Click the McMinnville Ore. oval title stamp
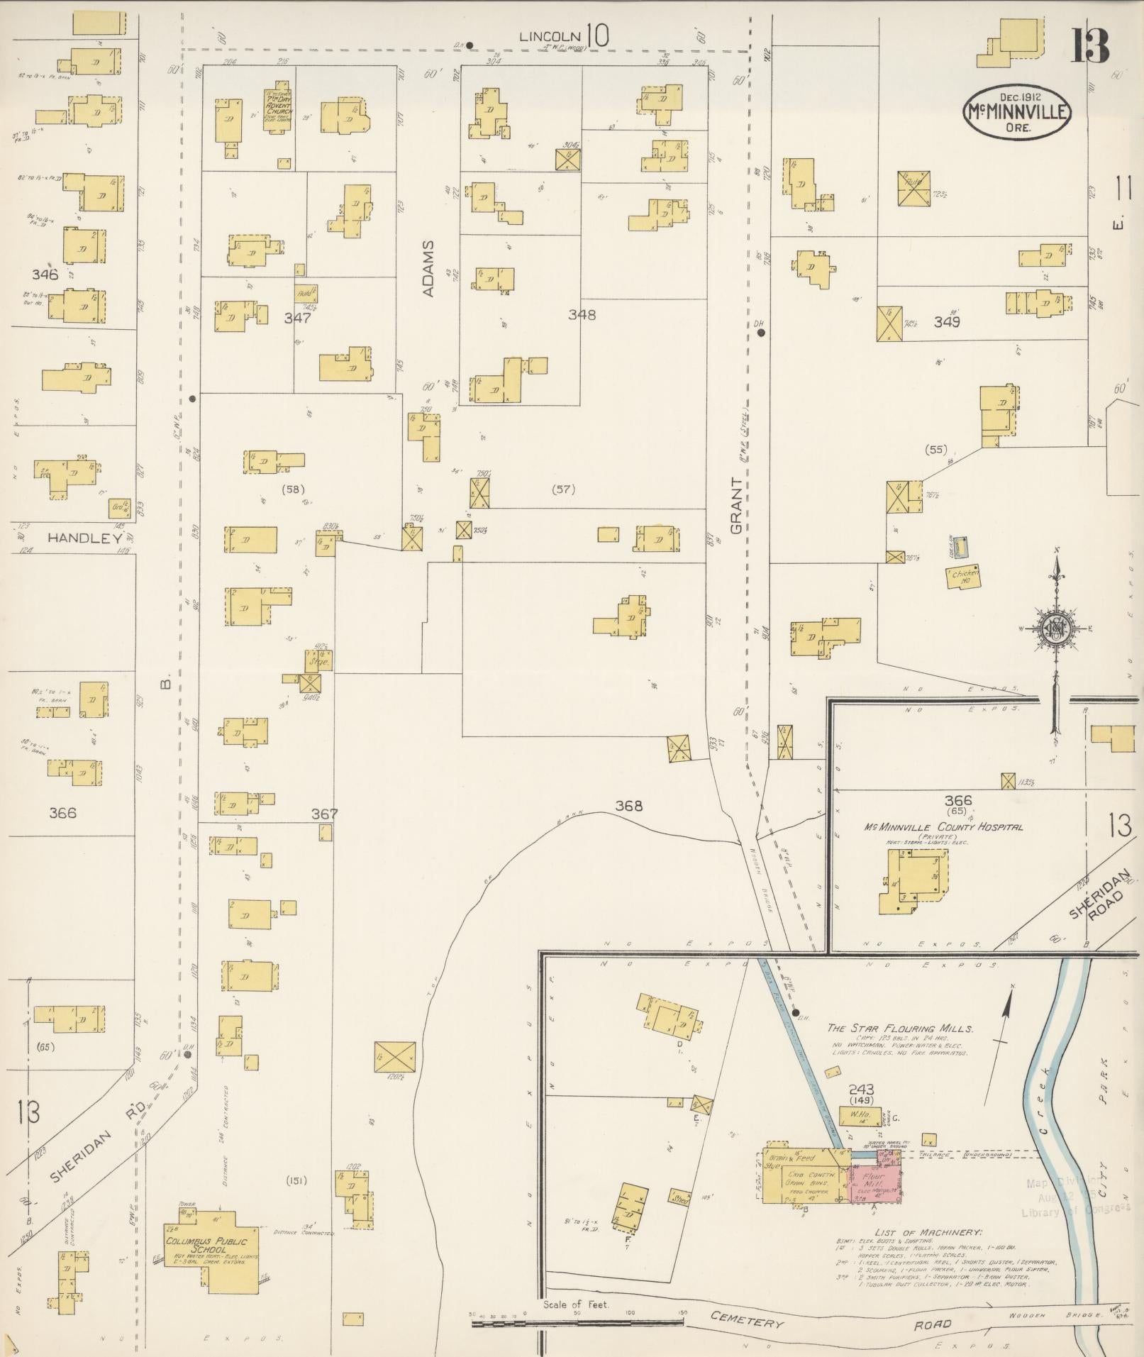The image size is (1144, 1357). [x=1016, y=111]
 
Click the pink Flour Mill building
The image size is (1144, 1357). [x=874, y=1181]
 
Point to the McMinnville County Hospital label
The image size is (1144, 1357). [x=943, y=827]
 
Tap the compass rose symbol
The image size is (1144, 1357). [x=1055, y=628]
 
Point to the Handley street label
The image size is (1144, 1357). [x=84, y=538]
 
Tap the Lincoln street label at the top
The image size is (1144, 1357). [x=550, y=36]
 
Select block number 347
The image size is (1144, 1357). [x=298, y=319]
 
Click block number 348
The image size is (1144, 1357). [x=581, y=314]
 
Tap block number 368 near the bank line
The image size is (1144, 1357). [x=628, y=805]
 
